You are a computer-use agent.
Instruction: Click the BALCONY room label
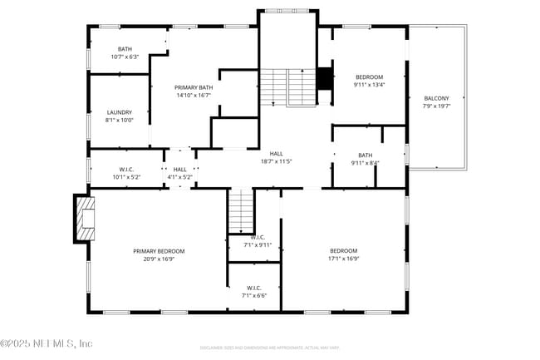tap(436, 98)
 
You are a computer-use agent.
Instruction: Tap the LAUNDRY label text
tap(120, 112)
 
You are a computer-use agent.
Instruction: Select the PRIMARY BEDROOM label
tap(159, 251)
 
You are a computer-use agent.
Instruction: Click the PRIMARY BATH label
tap(194, 87)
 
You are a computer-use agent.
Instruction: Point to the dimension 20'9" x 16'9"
tap(159, 259)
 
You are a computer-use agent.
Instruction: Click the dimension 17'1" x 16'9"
tap(343, 259)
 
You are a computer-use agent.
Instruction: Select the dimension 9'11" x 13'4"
tap(369, 84)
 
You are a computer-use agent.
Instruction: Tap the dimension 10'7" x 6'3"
tap(125, 57)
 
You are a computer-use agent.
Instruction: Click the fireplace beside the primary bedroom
tap(85, 218)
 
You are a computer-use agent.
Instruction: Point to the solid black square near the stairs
tap(324, 77)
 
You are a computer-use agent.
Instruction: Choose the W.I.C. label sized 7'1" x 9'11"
tap(258, 237)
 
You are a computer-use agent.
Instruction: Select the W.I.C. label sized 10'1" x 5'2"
tap(126, 169)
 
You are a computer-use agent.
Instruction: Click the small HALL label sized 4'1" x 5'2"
tap(180, 169)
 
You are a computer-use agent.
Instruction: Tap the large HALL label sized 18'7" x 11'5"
tap(277, 153)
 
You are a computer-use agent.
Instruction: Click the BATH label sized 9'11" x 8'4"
tap(366, 155)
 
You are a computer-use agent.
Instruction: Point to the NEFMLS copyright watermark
tap(47, 343)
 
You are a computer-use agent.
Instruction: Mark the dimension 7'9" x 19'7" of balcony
tap(436, 106)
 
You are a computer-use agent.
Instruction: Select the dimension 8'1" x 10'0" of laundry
tap(120, 120)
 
